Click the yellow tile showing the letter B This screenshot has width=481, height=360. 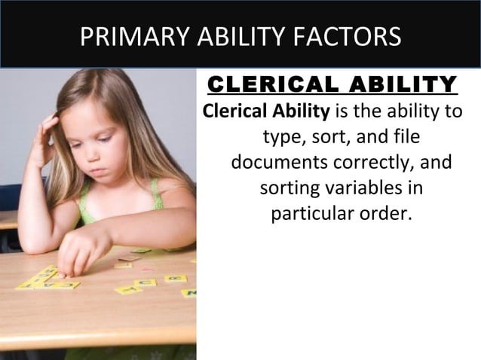pyautogui.click(x=176, y=278)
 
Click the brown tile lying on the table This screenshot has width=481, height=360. pyautogui.click(x=130, y=258)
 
